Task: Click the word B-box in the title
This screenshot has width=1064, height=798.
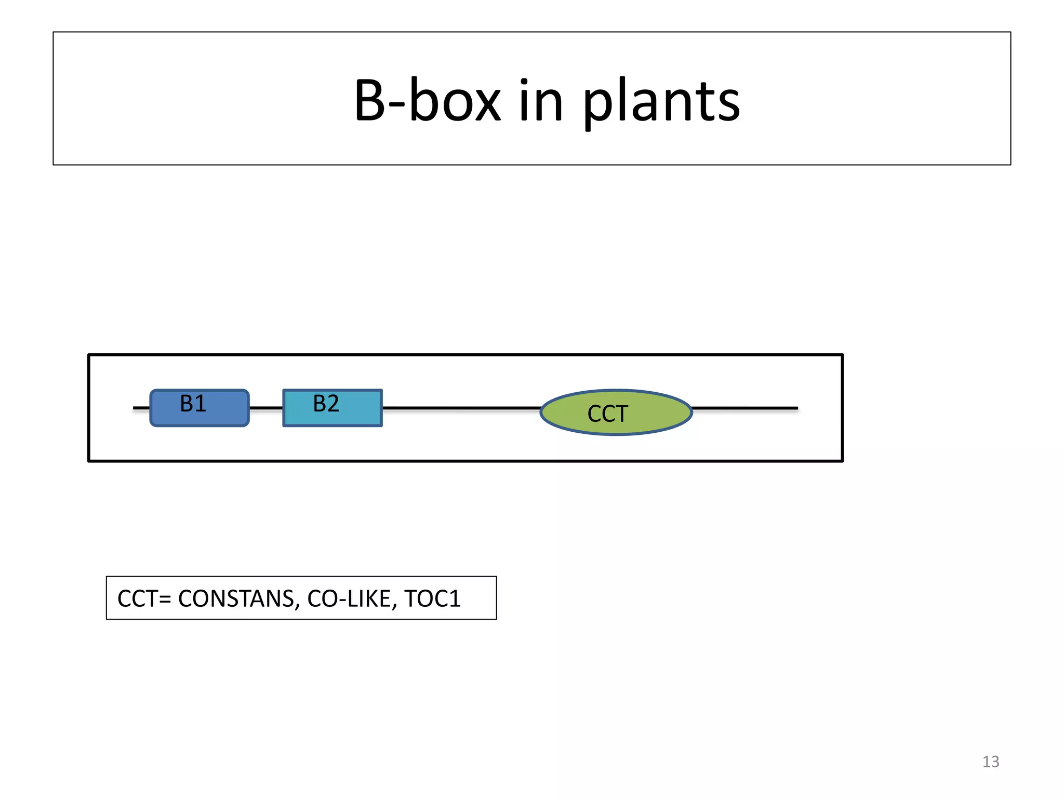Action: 427,100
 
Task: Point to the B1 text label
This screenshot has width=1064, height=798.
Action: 193,403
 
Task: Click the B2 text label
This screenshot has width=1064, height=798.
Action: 326,403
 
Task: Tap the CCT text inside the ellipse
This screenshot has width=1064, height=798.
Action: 607,414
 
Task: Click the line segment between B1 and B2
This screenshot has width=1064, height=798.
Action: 266,408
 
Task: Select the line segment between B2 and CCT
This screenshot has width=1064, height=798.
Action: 461,408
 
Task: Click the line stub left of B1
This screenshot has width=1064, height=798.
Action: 141,408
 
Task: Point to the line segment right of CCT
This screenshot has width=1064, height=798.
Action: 745,408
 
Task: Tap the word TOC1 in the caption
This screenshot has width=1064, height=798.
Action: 432,598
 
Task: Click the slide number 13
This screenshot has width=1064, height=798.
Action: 990,762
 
